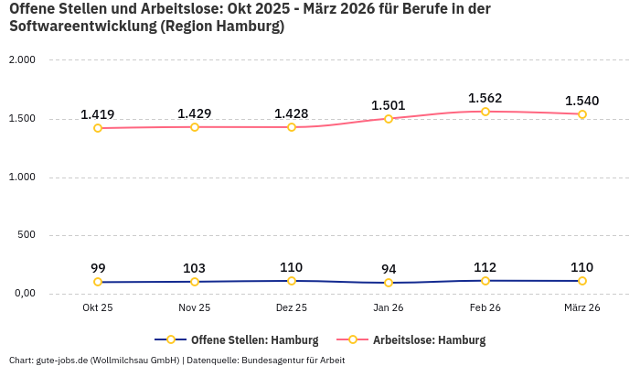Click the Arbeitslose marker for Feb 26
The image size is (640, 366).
click(485, 112)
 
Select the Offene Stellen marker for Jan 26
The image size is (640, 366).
click(389, 283)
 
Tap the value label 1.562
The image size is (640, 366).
click(485, 98)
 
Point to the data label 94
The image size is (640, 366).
click(389, 269)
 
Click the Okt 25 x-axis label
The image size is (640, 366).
click(98, 308)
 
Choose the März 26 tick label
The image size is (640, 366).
click(582, 308)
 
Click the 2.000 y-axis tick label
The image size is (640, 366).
click(21, 60)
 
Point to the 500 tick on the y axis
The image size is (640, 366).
click(27, 235)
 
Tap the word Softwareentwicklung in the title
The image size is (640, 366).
click(82, 27)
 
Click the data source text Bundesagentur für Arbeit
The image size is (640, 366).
click(295, 360)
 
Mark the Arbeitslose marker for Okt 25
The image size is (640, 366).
click(98, 128)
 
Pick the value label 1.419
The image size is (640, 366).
click(98, 114)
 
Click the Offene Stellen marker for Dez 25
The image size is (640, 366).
click(292, 281)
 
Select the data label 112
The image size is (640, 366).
click(485, 267)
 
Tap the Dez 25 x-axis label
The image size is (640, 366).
click(292, 308)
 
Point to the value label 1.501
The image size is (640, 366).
click(389, 105)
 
